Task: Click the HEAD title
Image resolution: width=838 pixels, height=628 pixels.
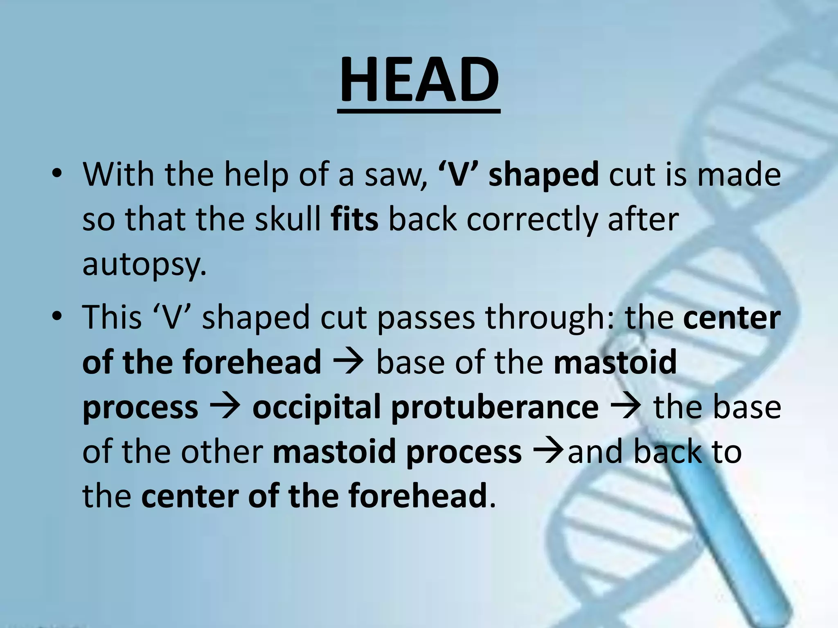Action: [419, 80]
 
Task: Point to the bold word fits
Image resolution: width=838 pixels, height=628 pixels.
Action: [355, 220]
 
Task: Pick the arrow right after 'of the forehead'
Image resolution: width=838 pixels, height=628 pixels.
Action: [349, 362]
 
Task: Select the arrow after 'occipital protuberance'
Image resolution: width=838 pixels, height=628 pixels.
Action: [626, 407]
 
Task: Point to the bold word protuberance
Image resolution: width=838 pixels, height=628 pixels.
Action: [495, 407]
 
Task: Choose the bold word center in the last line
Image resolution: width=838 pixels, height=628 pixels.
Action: [189, 496]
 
